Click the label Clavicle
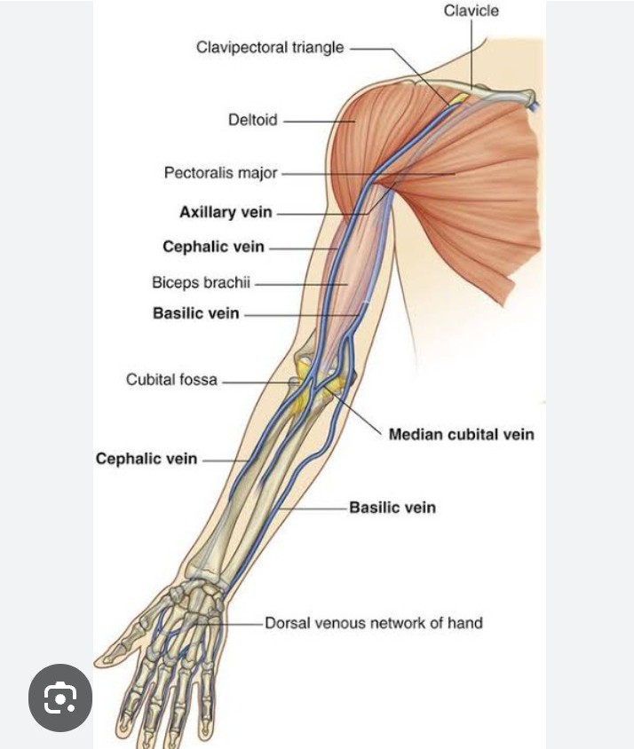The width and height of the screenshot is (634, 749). (472, 11)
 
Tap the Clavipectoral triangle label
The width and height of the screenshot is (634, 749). (270, 47)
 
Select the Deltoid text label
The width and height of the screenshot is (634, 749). (253, 120)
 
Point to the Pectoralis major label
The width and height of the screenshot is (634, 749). (220, 172)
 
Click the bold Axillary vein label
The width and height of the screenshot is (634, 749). (226, 213)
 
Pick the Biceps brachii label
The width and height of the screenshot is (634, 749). (202, 283)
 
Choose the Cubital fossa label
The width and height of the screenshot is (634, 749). (171, 380)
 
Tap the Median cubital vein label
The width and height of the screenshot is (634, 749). (461, 434)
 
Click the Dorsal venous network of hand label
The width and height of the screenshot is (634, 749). (374, 623)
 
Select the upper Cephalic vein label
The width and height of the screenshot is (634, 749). (213, 247)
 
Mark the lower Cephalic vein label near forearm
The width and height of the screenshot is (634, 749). (147, 459)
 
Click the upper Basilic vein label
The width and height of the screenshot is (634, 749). (196, 313)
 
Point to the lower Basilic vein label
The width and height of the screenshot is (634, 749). (392, 508)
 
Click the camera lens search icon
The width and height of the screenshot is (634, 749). (59, 698)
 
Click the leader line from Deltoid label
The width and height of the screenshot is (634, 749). (306, 121)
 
